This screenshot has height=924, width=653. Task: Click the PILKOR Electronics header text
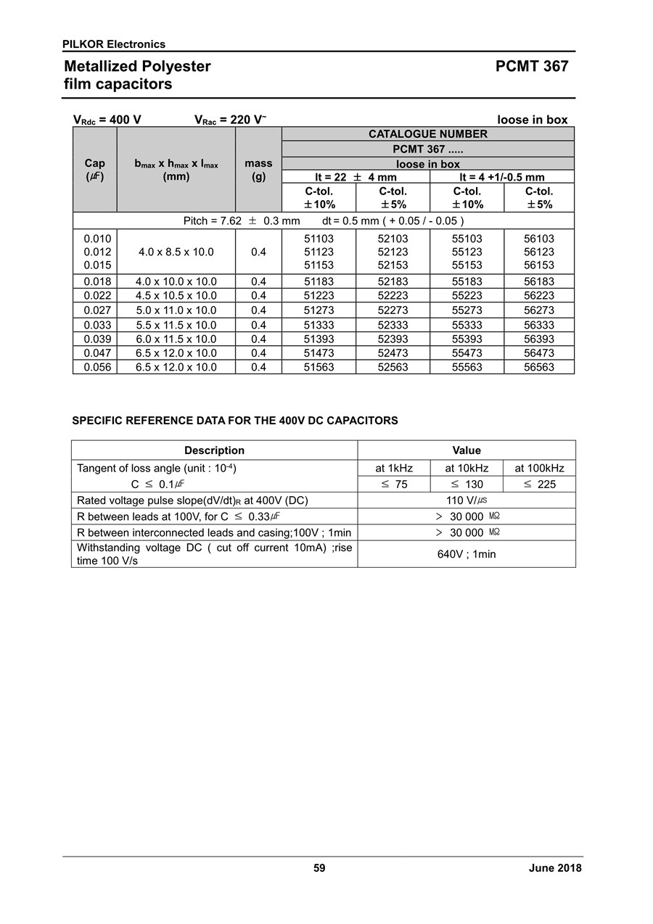click(x=114, y=44)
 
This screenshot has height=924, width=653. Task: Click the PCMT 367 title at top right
click(x=532, y=67)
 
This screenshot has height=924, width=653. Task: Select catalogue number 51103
click(x=319, y=239)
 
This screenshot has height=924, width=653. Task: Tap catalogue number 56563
click(x=538, y=367)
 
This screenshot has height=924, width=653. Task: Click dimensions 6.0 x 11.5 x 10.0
click(x=176, y=339)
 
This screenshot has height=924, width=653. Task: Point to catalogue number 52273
click(x=393, y=310)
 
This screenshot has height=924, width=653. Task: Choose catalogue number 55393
click(x=467, y=339)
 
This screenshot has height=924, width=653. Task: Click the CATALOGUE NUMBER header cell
click(x=427, y=134)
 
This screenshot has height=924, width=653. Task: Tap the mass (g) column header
click(x=258, y=170)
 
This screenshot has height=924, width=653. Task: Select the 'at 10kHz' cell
click(x=467, y=469)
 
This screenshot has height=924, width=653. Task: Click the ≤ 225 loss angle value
click(x=539, y=484)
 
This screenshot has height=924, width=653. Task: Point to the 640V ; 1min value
click(x=467, y=554)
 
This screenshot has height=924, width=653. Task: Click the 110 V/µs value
click(x=467, y=500)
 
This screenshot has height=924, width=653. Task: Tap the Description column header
click(x=214, y=450)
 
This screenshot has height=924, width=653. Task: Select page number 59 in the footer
click(x=319, y=868)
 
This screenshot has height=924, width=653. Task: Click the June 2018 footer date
click(x=555, y=868)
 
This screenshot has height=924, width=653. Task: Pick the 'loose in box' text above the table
click(x=532, y=120)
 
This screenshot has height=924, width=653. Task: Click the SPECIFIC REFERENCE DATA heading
click(x=235, y=421)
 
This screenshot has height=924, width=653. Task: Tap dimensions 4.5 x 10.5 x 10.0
click(x=176, y=296)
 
